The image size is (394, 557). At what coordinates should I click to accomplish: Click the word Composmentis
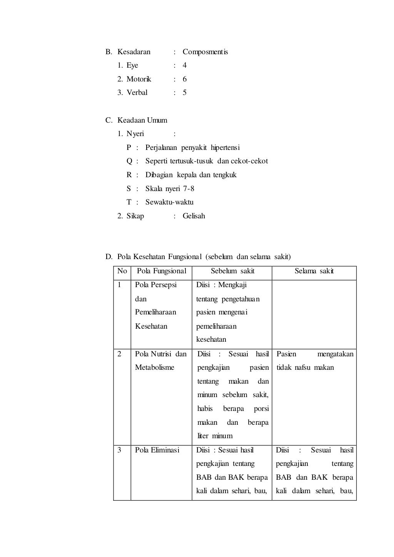point(205,52)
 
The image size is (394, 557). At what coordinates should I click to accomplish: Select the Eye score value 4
point(185,65)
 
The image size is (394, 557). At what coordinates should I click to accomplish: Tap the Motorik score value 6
point(185,79)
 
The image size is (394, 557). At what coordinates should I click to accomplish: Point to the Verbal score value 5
point(185,93)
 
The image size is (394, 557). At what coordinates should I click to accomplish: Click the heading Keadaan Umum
point(142,120)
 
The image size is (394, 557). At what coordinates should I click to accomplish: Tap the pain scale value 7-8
point(189,189)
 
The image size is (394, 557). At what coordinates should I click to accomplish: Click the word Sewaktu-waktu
point(169,202)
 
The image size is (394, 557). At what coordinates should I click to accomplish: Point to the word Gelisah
point(194,216)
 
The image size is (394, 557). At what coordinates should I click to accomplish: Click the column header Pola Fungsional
point(162,271)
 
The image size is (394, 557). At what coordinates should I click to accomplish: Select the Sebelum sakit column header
point(232,271)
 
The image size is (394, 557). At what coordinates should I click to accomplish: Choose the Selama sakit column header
point(314,271)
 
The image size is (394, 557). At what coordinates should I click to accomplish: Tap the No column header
point(122,271)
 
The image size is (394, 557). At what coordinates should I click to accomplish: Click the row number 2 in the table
point(119,354)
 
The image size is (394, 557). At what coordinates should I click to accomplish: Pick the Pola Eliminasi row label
point(157,450)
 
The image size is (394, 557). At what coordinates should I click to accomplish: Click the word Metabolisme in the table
point(154,367)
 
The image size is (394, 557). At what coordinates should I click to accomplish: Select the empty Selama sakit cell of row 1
point(314,314)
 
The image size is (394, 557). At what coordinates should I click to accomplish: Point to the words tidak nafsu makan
point(305,367)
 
